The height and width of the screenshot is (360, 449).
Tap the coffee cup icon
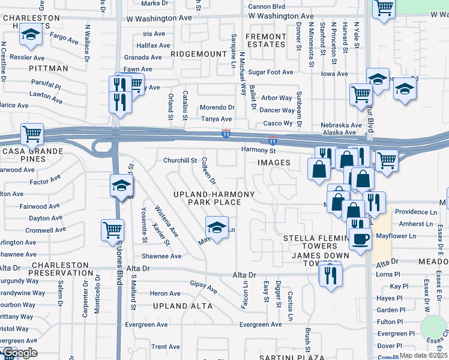[x=360, y=238]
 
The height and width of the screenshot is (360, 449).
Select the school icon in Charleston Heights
[x=31, y=35]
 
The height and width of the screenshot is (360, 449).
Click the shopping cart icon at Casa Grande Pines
[x=32, y=134]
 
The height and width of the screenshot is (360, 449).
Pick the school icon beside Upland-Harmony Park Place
[x=217, y=227]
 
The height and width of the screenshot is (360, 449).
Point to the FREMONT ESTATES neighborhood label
[x=266, y=41]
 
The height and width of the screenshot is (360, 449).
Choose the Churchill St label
[x=180, y=160]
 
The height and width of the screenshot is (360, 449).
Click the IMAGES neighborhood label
[x=274, y=163]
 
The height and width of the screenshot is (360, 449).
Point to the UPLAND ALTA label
[x=183, y=306]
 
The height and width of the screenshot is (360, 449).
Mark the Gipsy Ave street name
[x=203, y=287]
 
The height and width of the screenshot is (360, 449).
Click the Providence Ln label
[x=415, y=212]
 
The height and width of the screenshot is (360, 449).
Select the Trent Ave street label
[x=166, y=347]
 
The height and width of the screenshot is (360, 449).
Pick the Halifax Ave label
[x=149, y=45]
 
